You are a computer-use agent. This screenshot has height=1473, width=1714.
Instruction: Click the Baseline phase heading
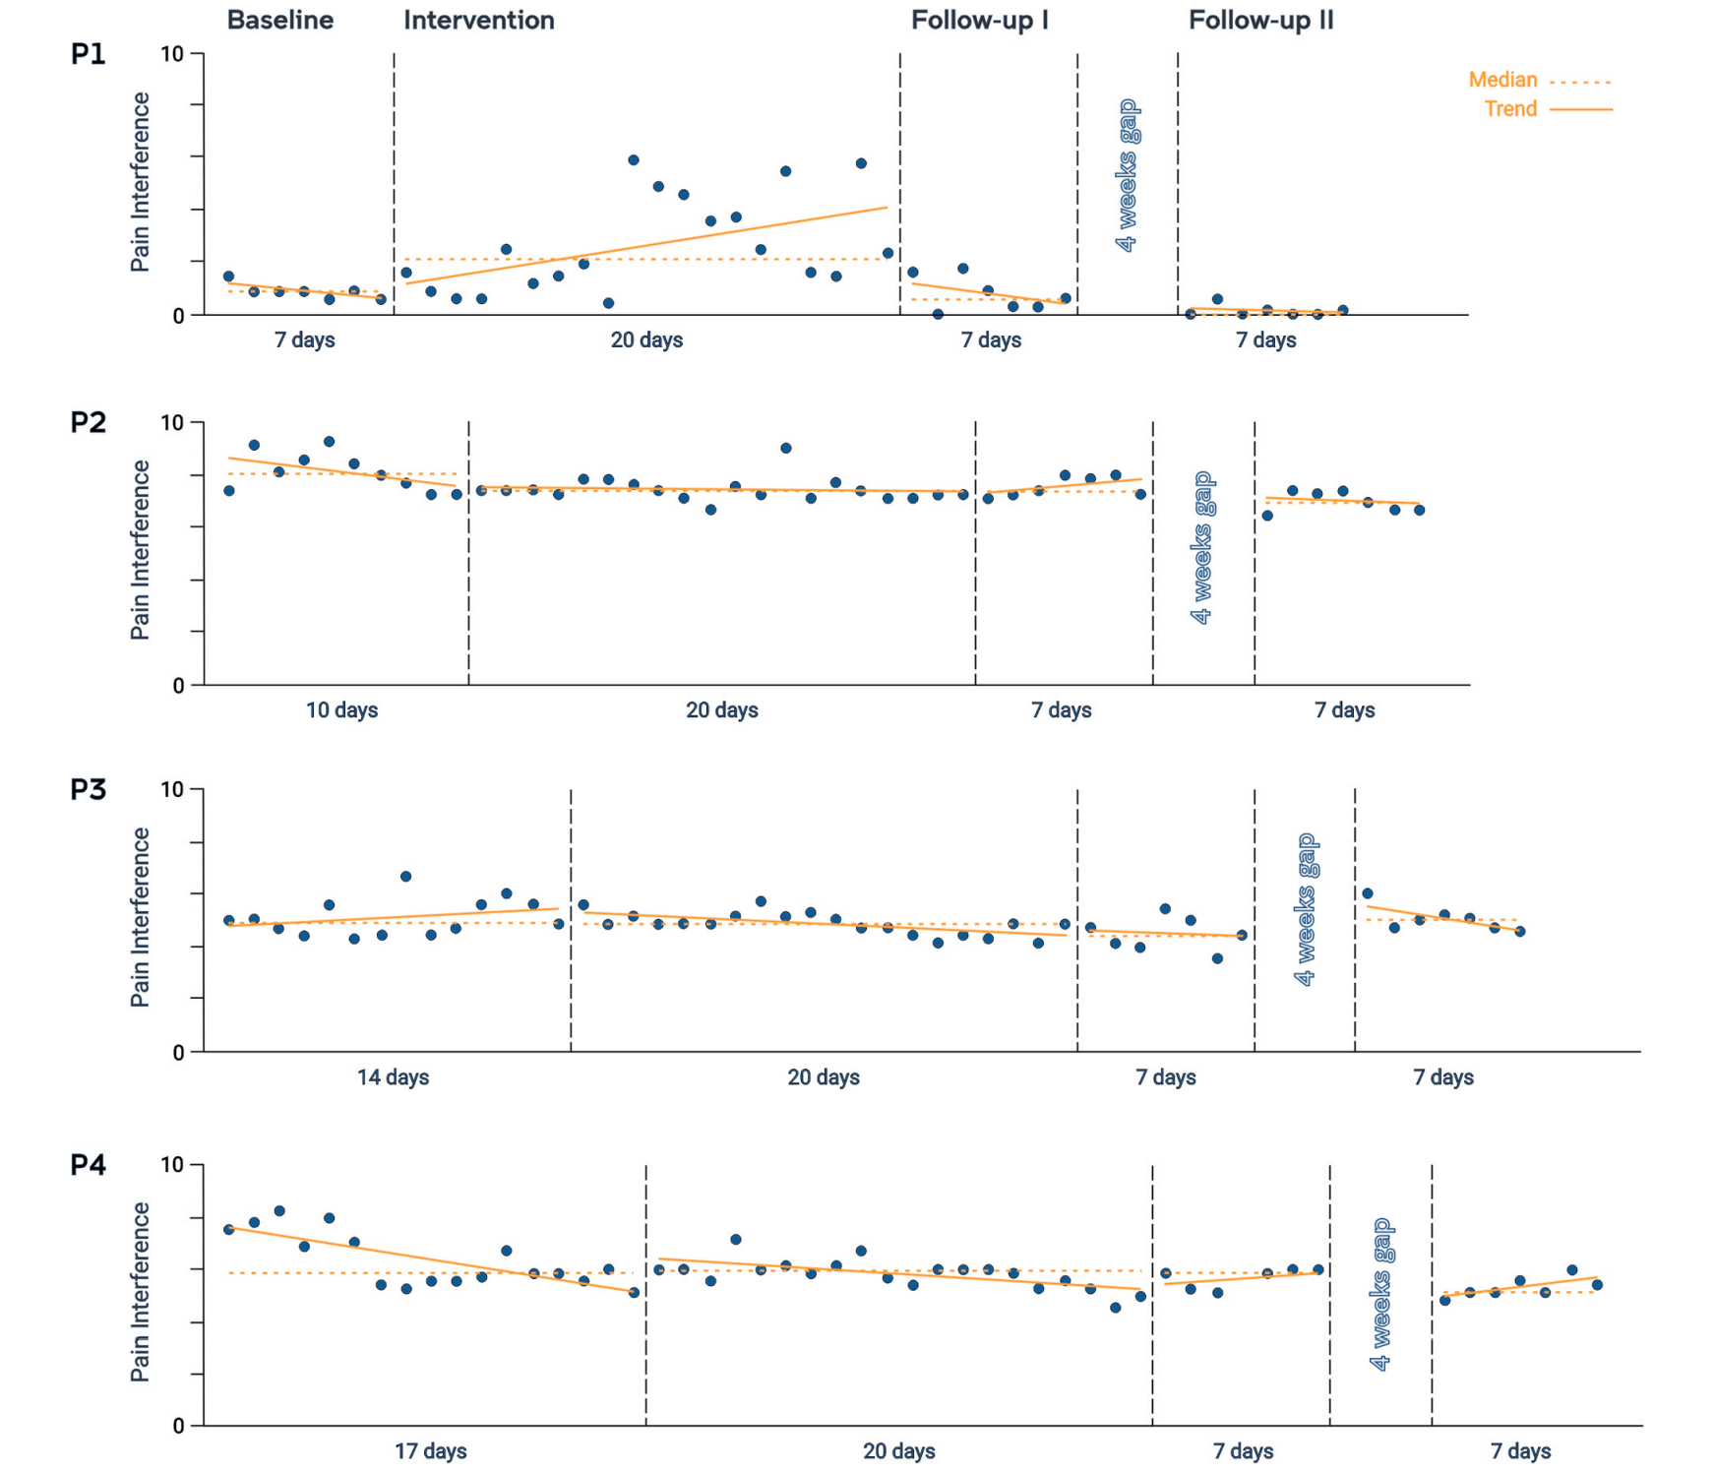(279, 21)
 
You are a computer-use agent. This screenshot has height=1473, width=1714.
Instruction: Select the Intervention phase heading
(478, 21)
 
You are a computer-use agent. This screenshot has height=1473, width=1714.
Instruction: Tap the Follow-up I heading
(979, 21)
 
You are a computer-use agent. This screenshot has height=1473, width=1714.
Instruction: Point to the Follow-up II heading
(1260, 21)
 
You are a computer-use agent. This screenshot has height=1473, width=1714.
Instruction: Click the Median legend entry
(1502, 80)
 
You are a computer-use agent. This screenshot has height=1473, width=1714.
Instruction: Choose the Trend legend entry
(1510, 109)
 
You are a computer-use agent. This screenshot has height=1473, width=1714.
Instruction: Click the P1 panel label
(88, 54)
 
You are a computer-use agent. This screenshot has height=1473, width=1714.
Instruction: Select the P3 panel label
(88, 790)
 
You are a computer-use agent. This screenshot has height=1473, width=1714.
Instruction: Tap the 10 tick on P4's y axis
(172, 1165)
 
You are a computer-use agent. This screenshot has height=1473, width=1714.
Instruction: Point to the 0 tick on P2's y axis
(178, 686)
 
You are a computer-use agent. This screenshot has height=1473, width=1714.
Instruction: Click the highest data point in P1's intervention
(634, 160)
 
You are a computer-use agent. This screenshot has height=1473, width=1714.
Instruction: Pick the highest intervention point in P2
(786, 449)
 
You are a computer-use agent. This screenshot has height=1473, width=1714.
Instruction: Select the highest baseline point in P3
(405, 877)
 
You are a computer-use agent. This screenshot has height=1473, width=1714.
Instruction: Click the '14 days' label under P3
(393, 1077)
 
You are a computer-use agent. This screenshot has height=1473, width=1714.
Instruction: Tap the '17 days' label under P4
(430, 1451)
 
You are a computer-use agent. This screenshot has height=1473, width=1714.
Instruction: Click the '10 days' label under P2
(341, 710)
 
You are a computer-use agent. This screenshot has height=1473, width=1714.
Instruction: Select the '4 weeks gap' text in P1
(1128, 176)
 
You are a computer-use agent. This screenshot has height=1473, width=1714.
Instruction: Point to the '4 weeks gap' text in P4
(1381, 1295)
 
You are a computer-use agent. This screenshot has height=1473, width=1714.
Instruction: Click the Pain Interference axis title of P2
(141, 551)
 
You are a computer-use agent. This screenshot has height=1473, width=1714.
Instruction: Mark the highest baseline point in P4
(279, 1211)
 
